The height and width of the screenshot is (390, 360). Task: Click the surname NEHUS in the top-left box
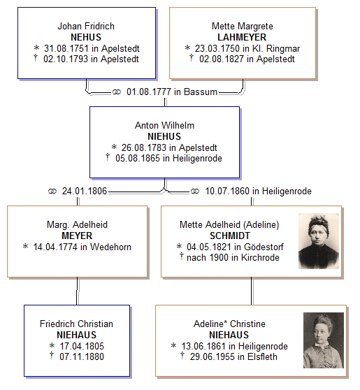click(x=86, y=37)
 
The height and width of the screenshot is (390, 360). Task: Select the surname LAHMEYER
click(x=242, y=37)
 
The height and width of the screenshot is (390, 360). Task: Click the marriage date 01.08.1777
click(x=148, y=92)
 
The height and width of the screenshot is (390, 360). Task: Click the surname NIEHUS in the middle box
click(x=164, y=136)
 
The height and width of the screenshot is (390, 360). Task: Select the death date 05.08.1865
click(x=138, y=158)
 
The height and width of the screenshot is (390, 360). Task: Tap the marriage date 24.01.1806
click(x=85, y=191)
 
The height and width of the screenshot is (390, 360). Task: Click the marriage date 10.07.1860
click(x=227, y=191)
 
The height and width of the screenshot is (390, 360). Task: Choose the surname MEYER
click(x=77, y=236)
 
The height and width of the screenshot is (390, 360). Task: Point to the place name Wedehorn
click(x=110, y=247)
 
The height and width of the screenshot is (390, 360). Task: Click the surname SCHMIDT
click(x=230, y=236)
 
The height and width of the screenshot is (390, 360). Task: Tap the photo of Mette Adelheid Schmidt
click(x=319, y=241)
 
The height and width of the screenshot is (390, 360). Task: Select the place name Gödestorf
click(x=264, y=247)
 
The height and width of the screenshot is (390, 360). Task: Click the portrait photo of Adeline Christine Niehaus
click(x=324, y=340)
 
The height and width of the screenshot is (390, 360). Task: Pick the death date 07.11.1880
click(x=82, y=356)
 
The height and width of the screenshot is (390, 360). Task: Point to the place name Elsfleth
click(x=262, y=356)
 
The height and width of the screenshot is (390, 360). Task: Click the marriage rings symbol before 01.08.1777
click(x=117, y=92)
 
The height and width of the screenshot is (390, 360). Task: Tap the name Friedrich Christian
click(x=76, y=324)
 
